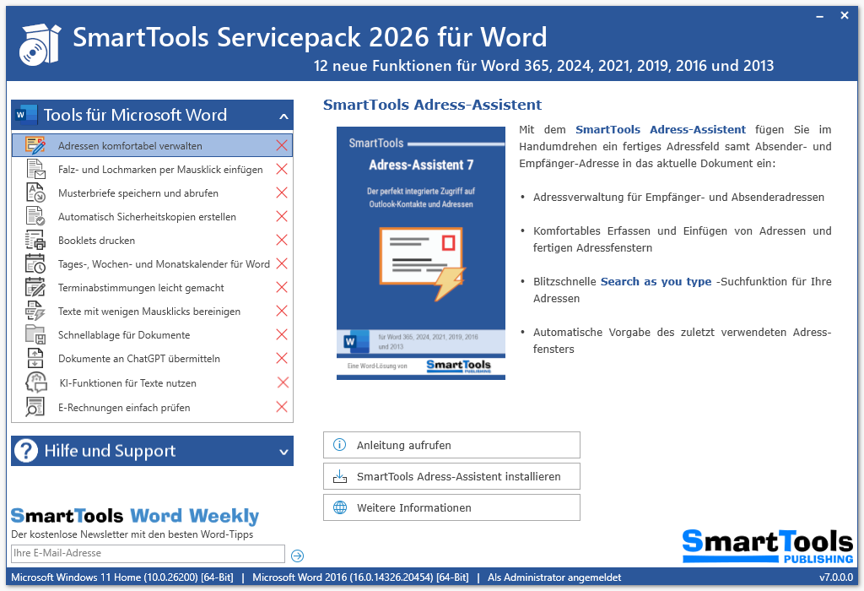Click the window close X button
pos(845,16)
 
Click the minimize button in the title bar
pos(821,16)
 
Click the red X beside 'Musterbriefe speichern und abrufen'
pos(282,193)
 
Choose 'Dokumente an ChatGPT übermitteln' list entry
pos(139,359)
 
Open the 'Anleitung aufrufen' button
pos(451,445)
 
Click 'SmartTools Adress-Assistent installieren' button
pos(451,476)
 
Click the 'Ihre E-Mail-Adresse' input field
pos(148,554)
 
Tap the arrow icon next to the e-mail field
pos(297,556)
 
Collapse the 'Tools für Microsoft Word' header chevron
pos(283,117)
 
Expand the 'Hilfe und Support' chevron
pos(283,452)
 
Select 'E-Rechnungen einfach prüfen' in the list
pos(124,408)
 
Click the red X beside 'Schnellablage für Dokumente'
pos(282,335)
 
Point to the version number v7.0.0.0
pos(836,577)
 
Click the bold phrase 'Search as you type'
pos(656,282)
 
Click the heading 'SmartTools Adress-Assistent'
pos(432,105)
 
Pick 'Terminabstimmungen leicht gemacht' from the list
pos(141,288)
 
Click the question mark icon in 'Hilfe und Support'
pos(27,451)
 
